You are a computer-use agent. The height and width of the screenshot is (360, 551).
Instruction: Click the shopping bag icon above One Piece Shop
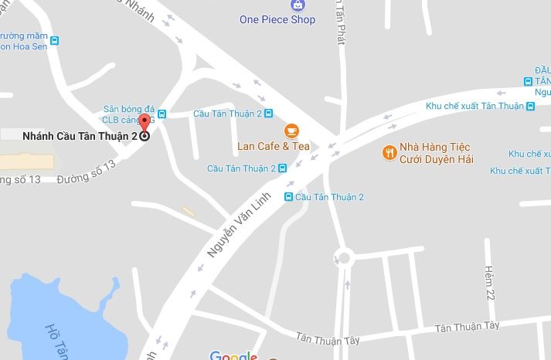tap(298, 5)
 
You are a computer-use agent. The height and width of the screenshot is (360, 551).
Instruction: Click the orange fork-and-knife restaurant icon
tap(389, 152)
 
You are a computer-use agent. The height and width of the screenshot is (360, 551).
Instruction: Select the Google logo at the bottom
tap(233, 355)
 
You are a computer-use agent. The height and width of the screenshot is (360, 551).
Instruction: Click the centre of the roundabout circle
tap(343, 258)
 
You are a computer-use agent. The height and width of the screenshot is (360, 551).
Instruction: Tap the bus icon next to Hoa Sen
tap(54, 41)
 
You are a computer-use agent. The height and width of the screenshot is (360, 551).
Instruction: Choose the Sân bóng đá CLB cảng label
tap(129, 114)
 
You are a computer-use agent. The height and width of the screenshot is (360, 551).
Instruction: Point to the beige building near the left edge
tap(26, 161)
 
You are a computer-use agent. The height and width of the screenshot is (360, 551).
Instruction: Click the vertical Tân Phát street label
tap(341, 23)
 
